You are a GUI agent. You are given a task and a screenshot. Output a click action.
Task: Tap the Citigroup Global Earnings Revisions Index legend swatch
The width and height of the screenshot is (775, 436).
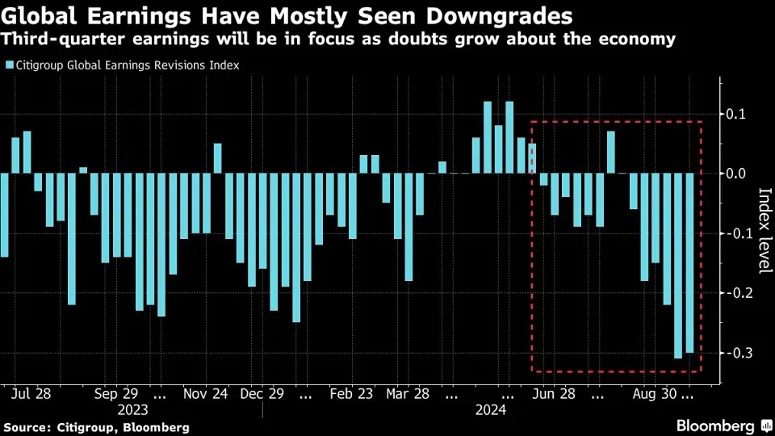[9, 65]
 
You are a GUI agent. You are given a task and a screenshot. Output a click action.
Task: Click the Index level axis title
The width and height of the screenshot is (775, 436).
[764, 230]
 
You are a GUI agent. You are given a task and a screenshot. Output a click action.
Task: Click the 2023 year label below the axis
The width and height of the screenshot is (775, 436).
[132, 410]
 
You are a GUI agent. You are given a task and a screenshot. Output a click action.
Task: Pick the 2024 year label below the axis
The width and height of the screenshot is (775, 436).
[491, 410]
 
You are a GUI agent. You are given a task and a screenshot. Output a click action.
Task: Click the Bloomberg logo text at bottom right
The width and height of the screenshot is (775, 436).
[714, 426]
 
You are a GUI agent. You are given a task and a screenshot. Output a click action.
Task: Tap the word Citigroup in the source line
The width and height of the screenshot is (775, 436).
[84, 426]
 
